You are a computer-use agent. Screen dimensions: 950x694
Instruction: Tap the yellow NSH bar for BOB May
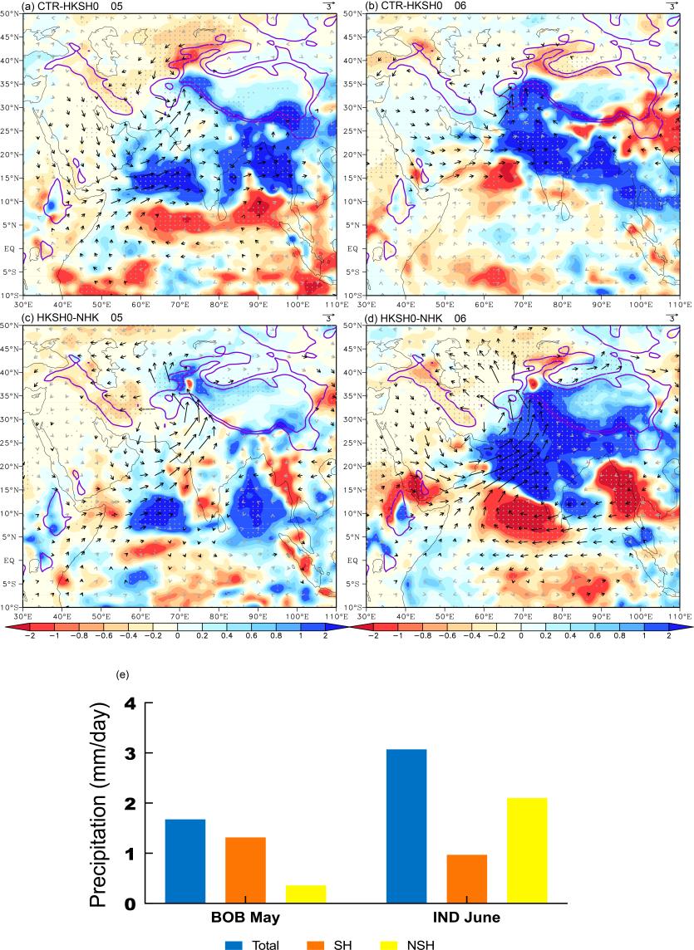pyautogui.click(x=305, y=894)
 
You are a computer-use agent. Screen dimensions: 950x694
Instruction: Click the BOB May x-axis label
pyautogui.click(x=245, y=919)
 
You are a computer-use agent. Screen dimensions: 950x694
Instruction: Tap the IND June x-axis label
pyautogui.click(x=466, y=919)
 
